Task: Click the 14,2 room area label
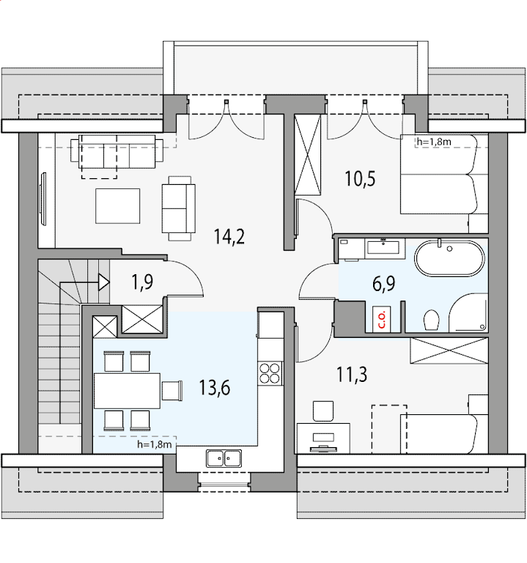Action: [x=229, y=237]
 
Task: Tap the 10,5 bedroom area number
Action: [x=360, y=179]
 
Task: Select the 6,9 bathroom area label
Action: [x=384, y=284]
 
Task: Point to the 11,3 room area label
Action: [x=352, y=375]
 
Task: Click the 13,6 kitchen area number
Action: [x=214, y=388]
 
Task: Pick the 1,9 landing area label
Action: [x=142, y=281]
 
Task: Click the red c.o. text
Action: [x=381, y=320]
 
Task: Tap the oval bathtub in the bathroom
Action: [x=449, y=259]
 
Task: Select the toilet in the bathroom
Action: [x=432, y=320]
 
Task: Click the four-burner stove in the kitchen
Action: [x=270, y=374]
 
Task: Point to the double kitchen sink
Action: [x=224, y=458]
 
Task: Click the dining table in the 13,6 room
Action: [x=127, y=391]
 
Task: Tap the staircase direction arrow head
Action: [x=104, y=282]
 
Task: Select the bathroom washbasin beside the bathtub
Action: [x=385, y=247]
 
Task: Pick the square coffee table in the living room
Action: [x=118, y=206]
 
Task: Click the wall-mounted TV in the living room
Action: [x=43, y=199]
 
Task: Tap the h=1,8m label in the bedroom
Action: [x=434, y=141]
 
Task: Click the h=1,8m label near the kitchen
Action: [x=155, y=444]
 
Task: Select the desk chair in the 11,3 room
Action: [x=323, y=411]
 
